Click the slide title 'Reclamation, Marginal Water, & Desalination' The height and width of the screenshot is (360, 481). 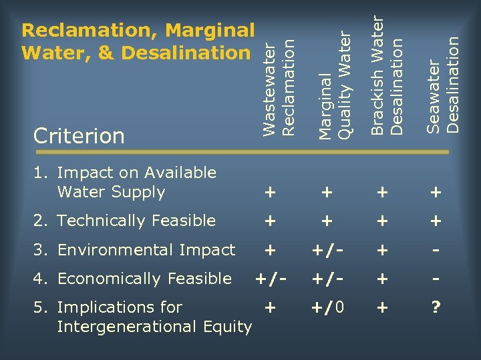click(138, 41)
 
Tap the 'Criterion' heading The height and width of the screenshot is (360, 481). click(79, 136)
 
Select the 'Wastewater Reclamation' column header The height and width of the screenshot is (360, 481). click(279, 87)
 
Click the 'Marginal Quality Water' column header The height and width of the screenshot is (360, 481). click(335, 86)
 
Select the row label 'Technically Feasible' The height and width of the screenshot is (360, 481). click(136, 221)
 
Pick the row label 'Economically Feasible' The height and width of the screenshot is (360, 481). click(144, 279)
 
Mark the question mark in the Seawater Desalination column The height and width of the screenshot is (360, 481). click(436, 308)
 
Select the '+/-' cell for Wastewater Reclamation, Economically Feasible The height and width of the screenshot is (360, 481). click(270, 279)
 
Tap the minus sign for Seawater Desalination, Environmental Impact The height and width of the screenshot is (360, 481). click(436, 250)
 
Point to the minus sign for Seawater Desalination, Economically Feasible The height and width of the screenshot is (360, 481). click(436, 279)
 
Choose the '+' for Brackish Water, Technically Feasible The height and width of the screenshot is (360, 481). click(381, 221)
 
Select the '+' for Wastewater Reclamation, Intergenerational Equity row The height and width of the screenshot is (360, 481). click(270, 308)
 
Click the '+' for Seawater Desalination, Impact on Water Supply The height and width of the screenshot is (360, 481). click(436, 193)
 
